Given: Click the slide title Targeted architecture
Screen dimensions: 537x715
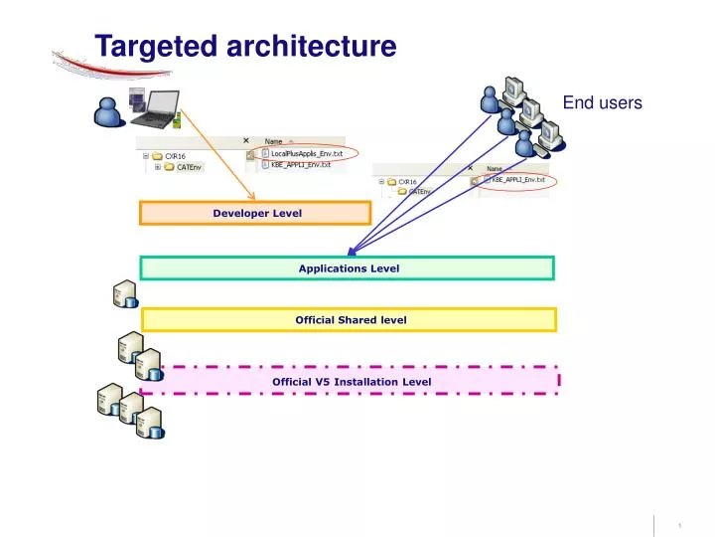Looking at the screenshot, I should point(245,46).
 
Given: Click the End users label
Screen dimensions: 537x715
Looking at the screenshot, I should point(602,102).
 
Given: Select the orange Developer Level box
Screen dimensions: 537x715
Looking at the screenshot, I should point(255,213).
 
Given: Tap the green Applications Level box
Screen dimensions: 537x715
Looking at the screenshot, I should point(348,268).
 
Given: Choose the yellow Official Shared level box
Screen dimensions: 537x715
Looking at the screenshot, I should point(350,319).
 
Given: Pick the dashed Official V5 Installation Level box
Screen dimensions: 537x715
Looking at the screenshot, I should point(351,381).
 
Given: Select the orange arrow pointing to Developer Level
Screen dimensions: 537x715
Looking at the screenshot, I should point(213,150).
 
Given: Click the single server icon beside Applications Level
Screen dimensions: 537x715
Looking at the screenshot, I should point(125,295).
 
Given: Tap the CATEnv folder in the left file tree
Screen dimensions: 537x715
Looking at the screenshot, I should point(176,168).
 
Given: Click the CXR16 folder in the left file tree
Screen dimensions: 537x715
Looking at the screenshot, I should point(174,156).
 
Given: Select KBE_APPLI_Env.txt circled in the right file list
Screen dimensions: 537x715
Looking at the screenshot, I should point(517,180).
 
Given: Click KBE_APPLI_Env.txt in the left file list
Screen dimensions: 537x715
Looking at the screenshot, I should point(300,165).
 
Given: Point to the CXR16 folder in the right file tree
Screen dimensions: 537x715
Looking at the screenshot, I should point(406,182).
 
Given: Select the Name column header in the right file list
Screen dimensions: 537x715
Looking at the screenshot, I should point(494,168).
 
